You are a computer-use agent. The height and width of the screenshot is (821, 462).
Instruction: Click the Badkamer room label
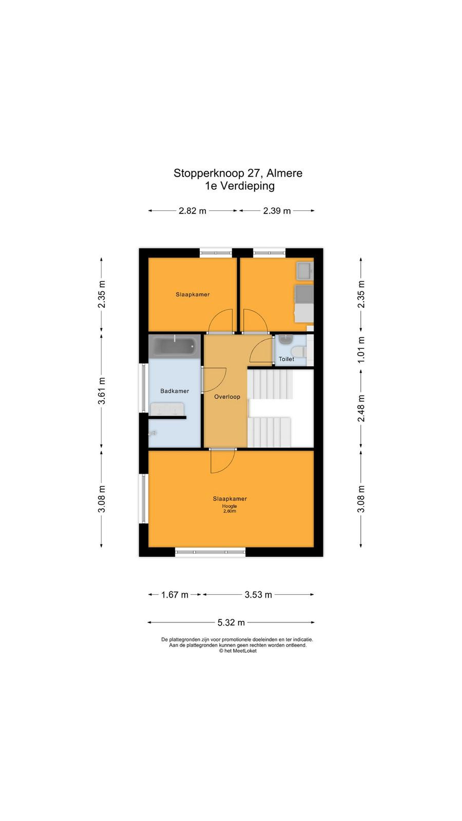point(175,391)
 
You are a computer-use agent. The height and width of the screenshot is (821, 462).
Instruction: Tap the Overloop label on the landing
point(227,397)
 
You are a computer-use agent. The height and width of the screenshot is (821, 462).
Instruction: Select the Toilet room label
point(286,359)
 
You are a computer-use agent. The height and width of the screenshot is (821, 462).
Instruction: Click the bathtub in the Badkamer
point(174,346)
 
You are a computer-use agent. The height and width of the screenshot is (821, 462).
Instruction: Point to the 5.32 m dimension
point(231,622)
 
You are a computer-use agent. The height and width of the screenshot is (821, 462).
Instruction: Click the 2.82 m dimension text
point(192,211)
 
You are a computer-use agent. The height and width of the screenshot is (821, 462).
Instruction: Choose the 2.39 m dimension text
point(277,211)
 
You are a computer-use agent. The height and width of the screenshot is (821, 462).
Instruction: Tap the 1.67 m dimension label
point(175,595)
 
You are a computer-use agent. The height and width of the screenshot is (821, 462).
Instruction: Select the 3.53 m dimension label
point(258,595)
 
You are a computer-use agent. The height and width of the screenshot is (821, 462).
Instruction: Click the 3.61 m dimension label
point(102,390)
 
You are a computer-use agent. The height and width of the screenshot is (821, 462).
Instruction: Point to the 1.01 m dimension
point(361,349)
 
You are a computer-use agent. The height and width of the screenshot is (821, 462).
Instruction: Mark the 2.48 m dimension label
point(361,408)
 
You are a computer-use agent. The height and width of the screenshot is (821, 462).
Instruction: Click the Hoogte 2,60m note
point(229,509)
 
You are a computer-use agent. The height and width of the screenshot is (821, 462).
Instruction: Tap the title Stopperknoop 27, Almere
point(238,173)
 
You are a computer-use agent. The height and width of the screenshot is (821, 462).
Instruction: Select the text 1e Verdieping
point(240,186)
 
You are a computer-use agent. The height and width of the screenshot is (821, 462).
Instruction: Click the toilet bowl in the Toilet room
point(299,352)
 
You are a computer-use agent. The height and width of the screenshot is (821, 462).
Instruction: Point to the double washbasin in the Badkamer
point(167,409)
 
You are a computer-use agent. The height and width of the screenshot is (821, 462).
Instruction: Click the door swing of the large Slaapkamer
point(223,461)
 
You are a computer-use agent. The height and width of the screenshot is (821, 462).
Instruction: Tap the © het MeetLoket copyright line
point(238,651)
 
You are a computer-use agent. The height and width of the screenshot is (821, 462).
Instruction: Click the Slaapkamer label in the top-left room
point(192,295)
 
